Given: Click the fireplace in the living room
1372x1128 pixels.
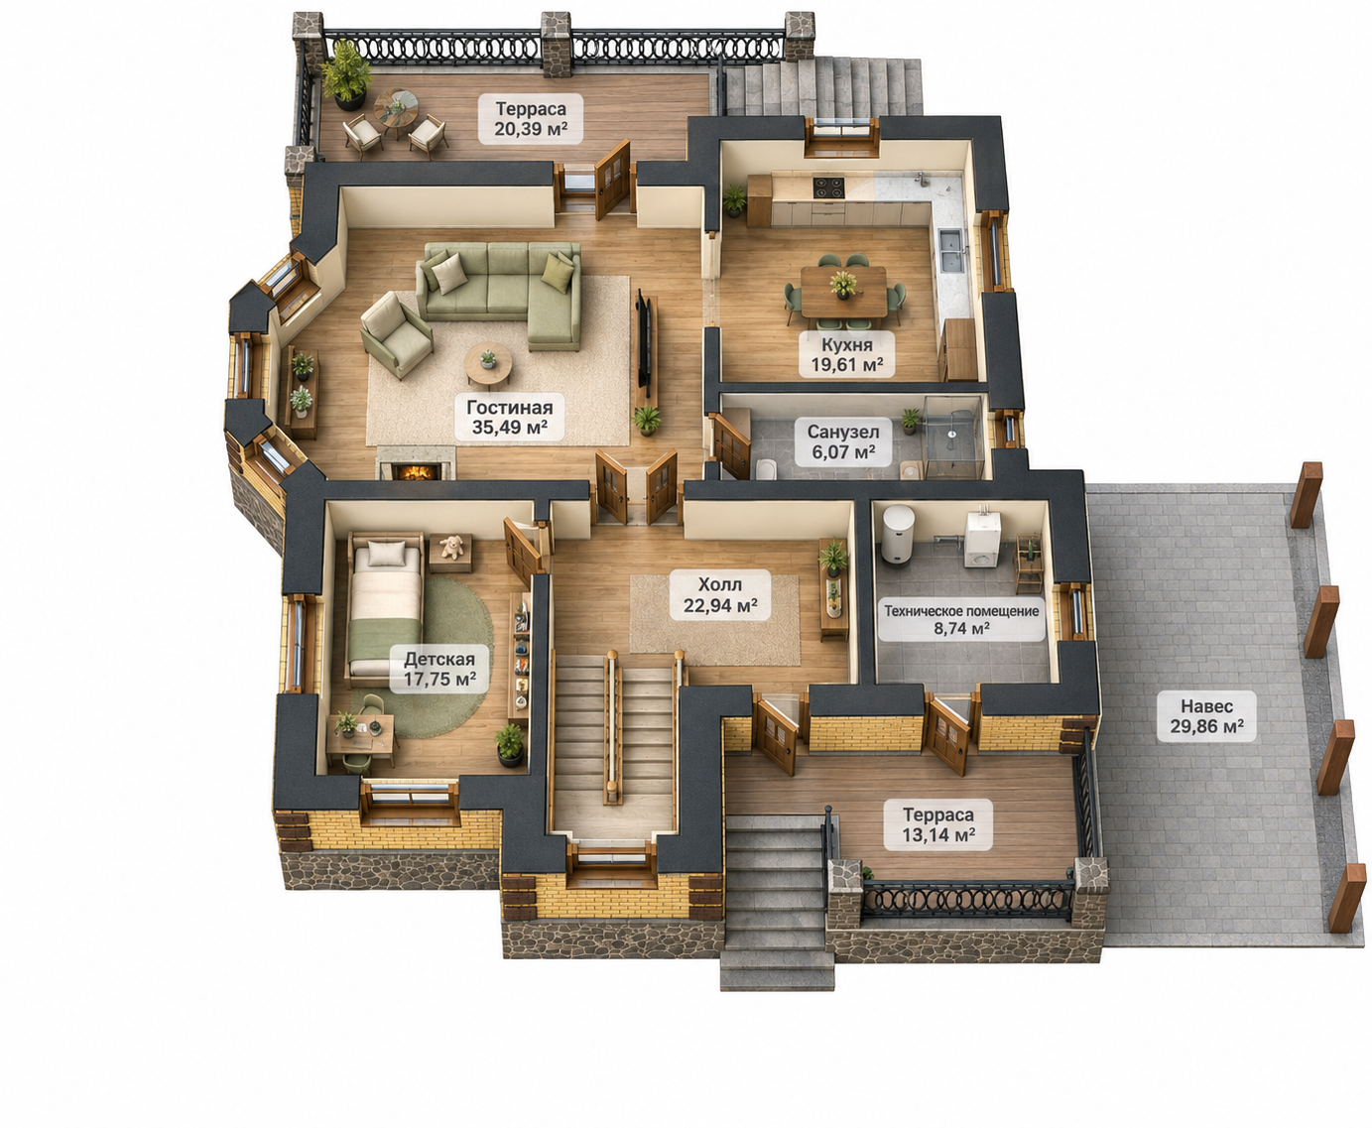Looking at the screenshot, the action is point(416,464).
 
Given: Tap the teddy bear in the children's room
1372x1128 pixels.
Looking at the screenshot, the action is point(452,547).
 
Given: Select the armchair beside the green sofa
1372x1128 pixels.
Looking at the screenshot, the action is point(396,335).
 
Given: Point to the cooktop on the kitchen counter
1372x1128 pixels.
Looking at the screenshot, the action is point(828,188).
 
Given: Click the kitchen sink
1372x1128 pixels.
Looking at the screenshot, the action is point(951,250).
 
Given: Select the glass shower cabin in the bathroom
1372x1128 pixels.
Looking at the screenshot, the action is point(953,437).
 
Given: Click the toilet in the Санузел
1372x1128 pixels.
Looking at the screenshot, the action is point(765,468).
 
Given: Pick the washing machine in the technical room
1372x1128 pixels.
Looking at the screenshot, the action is point(982,540).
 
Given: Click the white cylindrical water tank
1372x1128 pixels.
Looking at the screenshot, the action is point(899,534).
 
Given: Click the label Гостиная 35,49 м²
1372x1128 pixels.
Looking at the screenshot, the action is point(509,417).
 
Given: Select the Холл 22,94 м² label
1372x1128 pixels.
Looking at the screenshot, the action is point(720,594).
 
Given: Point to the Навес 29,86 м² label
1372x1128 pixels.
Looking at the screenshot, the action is point(1206,716).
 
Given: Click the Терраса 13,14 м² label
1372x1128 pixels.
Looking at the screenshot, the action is point(938,824).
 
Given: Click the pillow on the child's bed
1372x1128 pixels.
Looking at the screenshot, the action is point(387,554).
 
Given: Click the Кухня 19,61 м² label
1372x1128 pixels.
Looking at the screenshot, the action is point(846,354).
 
